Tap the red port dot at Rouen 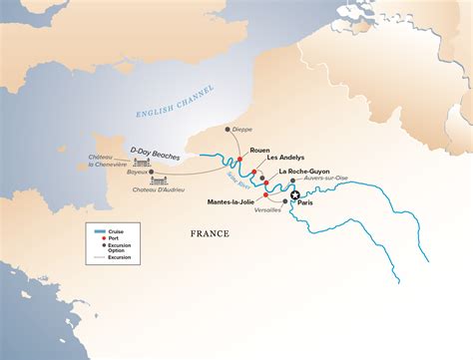coord(241,158)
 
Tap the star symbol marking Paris coord(296,196)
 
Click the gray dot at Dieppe coord(229,130)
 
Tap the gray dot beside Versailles coord(285,201)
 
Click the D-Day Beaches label coord(151,151)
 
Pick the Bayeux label coord(138,172)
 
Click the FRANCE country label coord(210,233)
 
